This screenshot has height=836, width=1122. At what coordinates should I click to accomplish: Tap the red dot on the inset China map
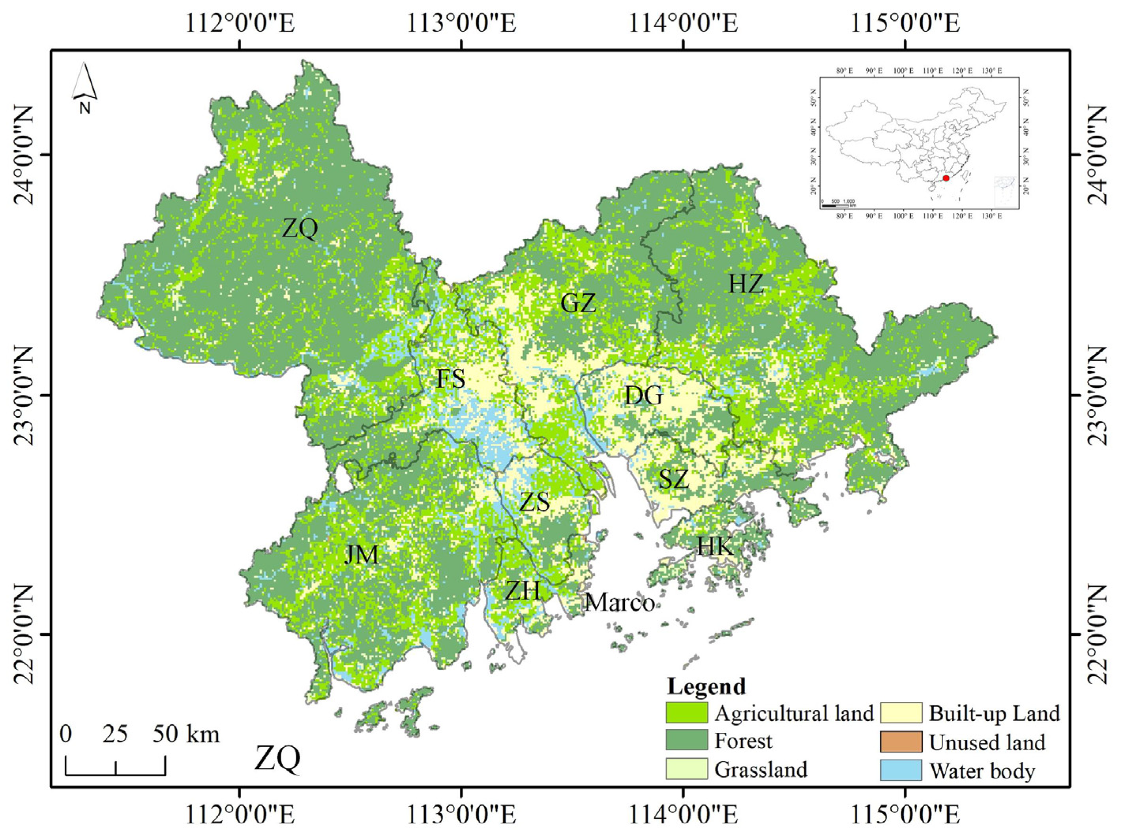945,178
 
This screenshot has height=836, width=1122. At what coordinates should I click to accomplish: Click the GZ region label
578,303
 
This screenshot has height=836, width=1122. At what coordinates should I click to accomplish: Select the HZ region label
746,285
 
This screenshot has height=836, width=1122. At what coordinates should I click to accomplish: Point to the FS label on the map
451,378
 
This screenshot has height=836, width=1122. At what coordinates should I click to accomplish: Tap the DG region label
643,396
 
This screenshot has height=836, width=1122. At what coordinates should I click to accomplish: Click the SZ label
674,479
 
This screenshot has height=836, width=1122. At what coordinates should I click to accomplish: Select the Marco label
619,602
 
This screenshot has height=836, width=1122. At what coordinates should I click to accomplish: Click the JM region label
361,555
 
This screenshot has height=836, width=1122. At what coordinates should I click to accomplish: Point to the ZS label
535,503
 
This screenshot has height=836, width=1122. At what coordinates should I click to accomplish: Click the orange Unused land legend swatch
900,742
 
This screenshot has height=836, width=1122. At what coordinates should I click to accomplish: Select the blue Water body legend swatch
900,770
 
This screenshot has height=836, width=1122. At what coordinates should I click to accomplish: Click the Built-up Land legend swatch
900,713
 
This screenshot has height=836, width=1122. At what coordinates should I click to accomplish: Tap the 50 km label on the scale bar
186,734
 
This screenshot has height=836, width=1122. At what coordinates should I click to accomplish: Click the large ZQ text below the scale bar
277,760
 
